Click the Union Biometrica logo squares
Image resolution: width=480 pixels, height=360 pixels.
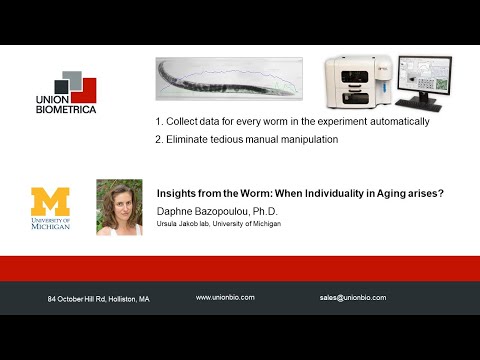[x=73, y=87]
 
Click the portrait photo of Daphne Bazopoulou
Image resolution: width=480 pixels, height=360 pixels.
[x=118, y=207]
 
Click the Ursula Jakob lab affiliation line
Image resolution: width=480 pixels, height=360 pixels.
[x=216, y=224]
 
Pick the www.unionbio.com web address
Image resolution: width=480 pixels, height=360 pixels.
[x=225, y=298]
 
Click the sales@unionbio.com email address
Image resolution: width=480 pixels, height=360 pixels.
[x=353, y=298]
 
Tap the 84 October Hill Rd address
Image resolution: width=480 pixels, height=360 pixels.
[x=99, y=299]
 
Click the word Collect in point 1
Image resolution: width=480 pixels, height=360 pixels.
[x=185, y=121]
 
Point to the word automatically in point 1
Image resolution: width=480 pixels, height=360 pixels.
[x=395, y=121]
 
